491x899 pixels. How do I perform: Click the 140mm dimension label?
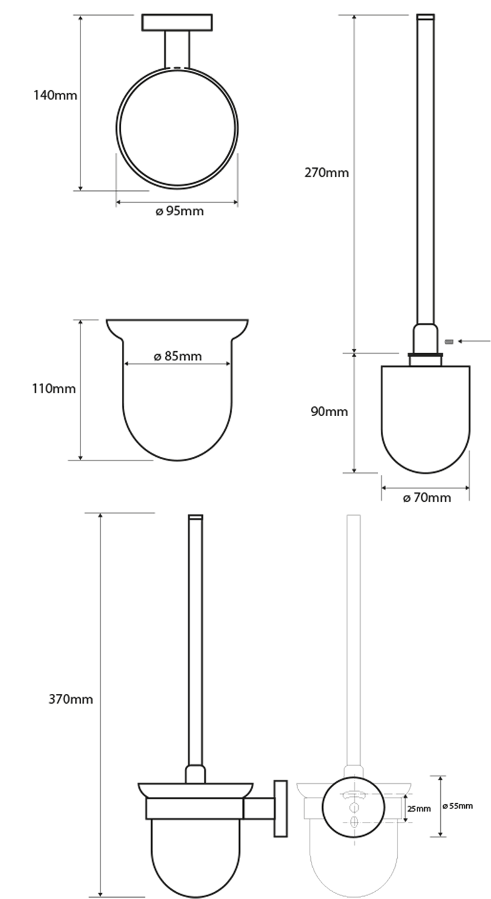(55, 95)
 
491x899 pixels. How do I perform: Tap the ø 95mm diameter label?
(179, 211)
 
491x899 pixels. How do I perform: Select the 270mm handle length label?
(327, 172)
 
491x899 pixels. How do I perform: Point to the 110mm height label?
(54, 388)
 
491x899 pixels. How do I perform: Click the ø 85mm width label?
(178, 356)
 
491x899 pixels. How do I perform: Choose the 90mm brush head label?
(329, 411)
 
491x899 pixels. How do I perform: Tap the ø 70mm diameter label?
(427, 497)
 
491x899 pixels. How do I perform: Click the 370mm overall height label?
(70, 699)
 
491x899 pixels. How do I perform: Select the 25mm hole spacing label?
(419, 809)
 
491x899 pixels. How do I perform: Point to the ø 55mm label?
(458, 806)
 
